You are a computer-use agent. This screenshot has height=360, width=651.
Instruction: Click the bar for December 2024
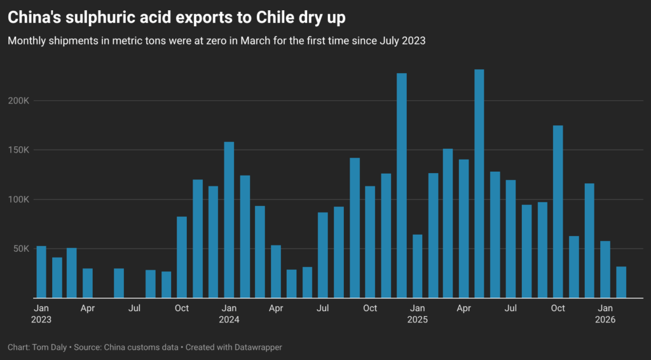(x=401, y=185)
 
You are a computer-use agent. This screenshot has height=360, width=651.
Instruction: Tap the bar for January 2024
(x=229, y=219)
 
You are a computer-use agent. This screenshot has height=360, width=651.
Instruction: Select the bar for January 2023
(x=41, y=272)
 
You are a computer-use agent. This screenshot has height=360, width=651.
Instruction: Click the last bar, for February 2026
(x=620, y=282)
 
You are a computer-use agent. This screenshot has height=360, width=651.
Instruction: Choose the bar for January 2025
(x=417, y=266)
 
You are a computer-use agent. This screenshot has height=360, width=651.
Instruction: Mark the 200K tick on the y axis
(x=18, y=100)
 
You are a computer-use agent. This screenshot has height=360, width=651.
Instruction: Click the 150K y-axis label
(x=18, y=150)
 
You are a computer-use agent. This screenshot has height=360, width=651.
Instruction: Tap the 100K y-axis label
(x=18, y=199)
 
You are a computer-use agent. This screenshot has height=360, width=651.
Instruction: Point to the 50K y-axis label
(x=21, y=249)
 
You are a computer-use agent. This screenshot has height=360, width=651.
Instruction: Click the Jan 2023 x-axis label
(x=41, y=314)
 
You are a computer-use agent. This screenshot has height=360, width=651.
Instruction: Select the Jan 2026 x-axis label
(x=605, y=314)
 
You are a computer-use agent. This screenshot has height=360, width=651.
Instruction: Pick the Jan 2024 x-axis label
(x=229, y=314)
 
